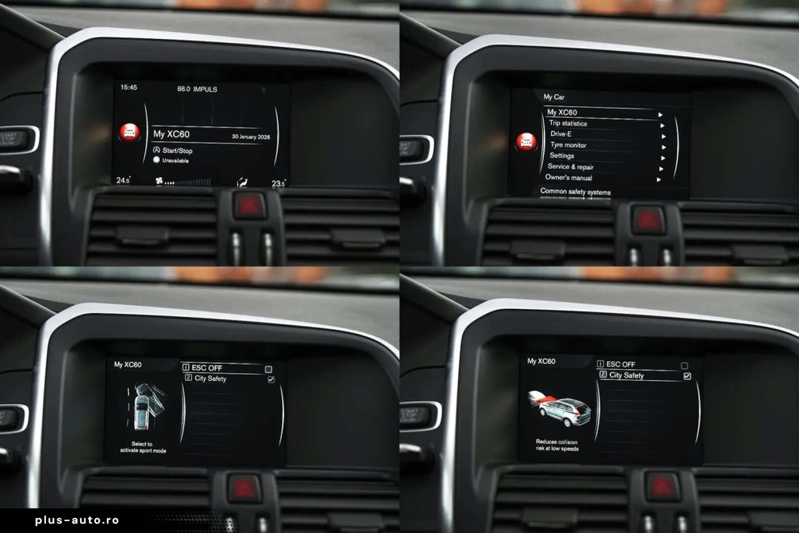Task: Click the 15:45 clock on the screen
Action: pos(129,87)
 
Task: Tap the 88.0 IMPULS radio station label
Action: pos(197,89)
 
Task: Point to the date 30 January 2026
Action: pos(251,137)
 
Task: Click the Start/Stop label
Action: pos(177,151)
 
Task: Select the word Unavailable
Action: pos(175,160)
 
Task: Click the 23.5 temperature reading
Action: pos(278,184)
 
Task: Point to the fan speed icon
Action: pos(159,181)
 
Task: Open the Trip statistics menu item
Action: pos(568,123)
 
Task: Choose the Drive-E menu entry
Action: pos(561,134)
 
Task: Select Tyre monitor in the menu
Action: pos(568,145)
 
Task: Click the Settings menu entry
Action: pos(562,155)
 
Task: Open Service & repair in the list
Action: pos(571,167)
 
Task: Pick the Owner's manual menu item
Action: pos(569,178)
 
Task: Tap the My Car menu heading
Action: pos(554,97)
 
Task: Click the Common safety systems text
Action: pos(575,191)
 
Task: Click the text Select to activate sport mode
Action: pos(143,447)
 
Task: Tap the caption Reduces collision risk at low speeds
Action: pos(557,445)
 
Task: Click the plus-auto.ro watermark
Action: pos(77,520)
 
